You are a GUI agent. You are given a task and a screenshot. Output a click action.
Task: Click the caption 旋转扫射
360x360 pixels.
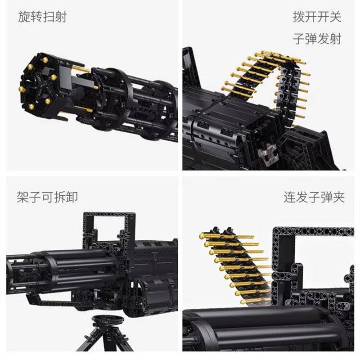click(x=42, y=17)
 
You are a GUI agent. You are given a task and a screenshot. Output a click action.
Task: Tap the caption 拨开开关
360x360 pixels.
click(x=317, y=17)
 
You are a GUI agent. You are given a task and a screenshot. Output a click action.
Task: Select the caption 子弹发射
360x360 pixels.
click(x=317, y=39)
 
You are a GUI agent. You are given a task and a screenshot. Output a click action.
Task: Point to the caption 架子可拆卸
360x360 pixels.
click(x=47, y=197)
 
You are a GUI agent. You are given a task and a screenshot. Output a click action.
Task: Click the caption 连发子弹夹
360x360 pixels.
click(x=314, y=197)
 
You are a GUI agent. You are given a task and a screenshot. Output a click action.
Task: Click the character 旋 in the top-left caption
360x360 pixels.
click(x=24, y=17)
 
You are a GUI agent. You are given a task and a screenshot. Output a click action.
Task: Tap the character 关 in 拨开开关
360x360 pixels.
click(x=335, y=17)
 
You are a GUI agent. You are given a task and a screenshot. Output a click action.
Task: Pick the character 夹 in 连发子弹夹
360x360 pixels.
click(x=339, y=197)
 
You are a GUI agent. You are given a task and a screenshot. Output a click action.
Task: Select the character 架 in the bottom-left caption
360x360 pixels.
click(x=23, y=197)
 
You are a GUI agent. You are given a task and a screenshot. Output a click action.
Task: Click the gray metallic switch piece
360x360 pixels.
click(x=267, y=155)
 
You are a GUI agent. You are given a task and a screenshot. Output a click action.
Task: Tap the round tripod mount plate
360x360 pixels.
click(x=108, y=319)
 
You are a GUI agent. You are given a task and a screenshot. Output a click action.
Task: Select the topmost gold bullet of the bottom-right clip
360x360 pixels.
click(x=226, y=236)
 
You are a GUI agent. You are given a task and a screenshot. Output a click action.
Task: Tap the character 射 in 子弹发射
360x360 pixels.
click(x=335, y=39)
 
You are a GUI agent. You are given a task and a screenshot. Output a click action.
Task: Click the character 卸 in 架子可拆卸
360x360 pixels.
click(x=72, y=197)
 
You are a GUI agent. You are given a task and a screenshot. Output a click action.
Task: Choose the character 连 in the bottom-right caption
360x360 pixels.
click(x=290, y=197)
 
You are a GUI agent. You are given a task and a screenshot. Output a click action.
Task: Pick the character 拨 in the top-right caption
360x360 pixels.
click(x=299, y=17)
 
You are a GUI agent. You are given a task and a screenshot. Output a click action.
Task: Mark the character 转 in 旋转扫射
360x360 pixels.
click(x=36, y=17)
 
